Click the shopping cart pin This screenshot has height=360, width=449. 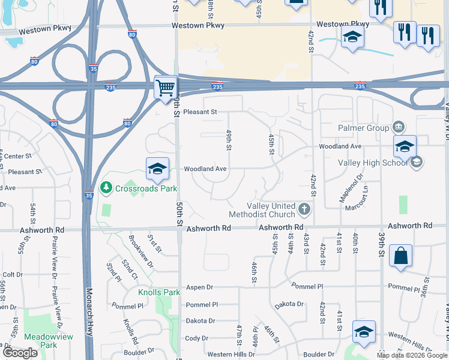pyautogui.click(x=166, y=88)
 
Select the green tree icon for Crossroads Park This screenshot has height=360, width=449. pyautogui.click(x=106, y=188)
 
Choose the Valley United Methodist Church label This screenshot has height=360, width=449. pyautogui.click(x=262, y=210)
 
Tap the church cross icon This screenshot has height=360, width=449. pyautogui.click(x=304, y=210)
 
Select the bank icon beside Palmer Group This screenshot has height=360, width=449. pyautogui.click(x=397, y=127)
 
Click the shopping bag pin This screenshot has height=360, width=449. pyautogui.click(x=400, y=256)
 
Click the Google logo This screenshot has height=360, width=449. pyautogui.click(x=20, y=352)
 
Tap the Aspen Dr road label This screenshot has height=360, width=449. pyautogui.click(x=199, y=287)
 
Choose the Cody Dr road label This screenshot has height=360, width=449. pyautogui.click(x=196, y=338)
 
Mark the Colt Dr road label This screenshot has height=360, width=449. pyautogui.click(x=13, y=274)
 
